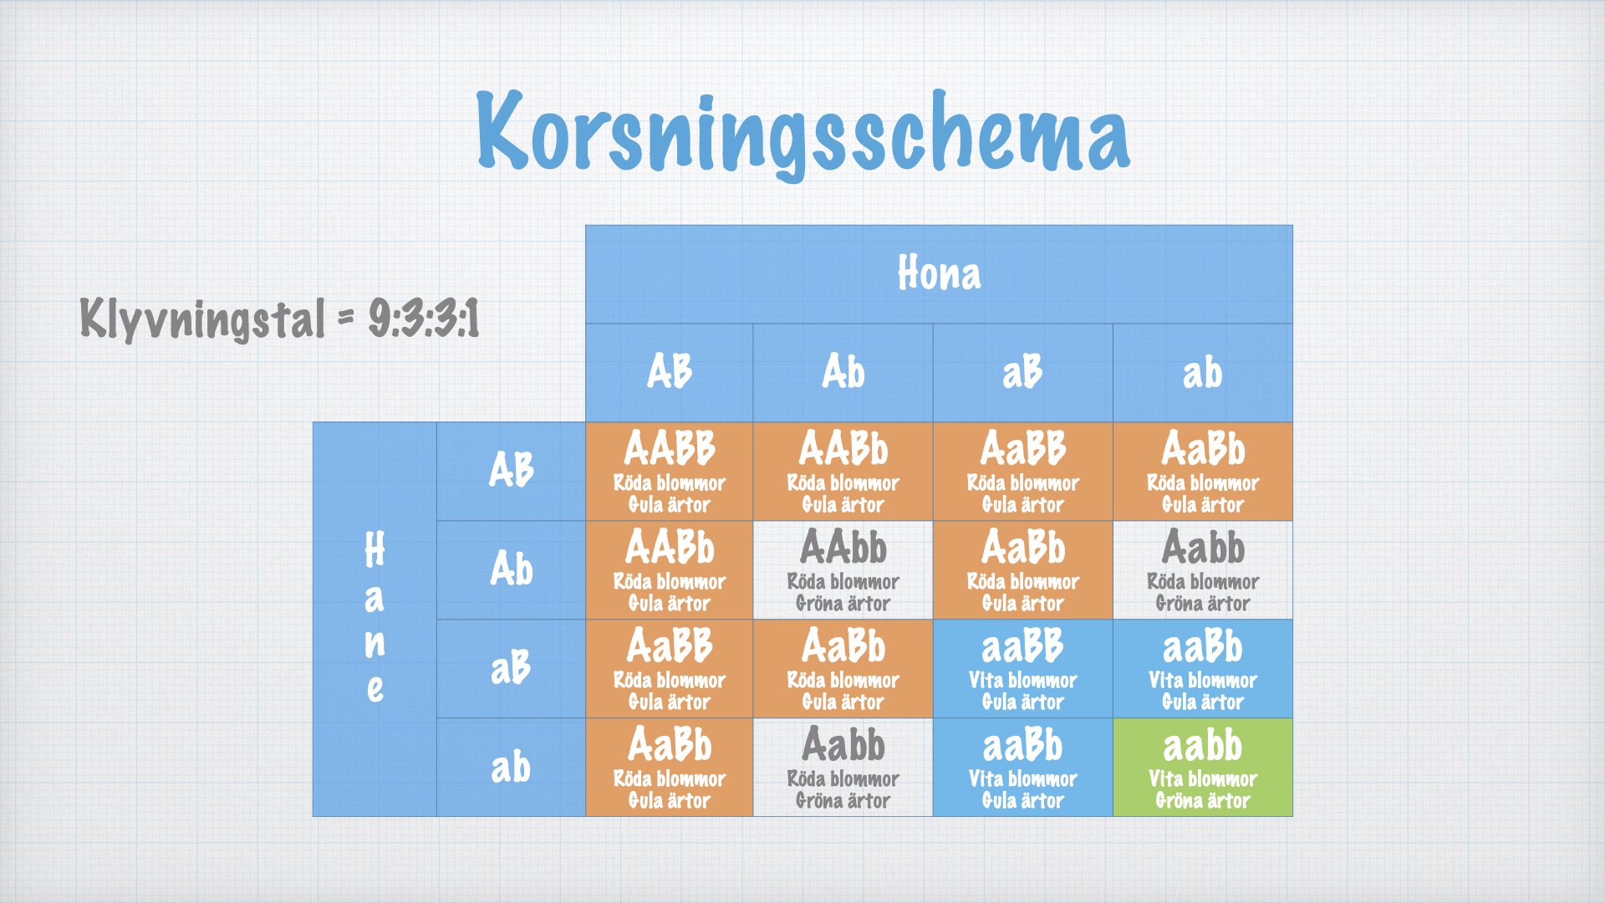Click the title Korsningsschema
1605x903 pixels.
point(802,134)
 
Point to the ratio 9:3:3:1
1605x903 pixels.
point(425,319)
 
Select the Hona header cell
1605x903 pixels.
point(939,274)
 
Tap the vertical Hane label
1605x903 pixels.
point(374,619)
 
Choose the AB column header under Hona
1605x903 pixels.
point(670,373)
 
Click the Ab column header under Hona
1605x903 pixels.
point(843,373)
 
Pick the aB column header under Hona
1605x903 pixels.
point(1022,373)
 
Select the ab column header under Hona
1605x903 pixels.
point(1202,373)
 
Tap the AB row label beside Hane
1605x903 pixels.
point(511,472)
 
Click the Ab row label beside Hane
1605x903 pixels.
point(511,570)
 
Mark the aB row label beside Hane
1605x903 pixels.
point(511,669)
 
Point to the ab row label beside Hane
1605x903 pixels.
point(511,768)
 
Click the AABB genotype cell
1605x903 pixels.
point(670,472)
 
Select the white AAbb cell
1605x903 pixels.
point(843,570)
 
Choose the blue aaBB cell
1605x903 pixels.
point(1022,669)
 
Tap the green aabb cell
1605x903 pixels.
point(1202,768)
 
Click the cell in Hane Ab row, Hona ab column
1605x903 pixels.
point(1202,570)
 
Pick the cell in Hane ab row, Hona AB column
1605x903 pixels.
point(670,768)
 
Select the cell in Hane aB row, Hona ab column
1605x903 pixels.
point(1202,669)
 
